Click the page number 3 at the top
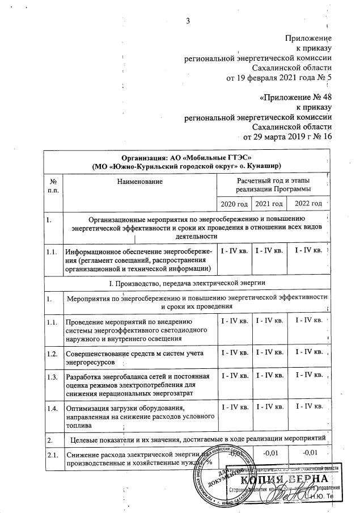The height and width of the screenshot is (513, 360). click(x=188, y=22)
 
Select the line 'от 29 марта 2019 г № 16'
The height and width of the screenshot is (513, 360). click(x=287, y=137)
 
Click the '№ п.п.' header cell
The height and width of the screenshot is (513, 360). click(x=53, y=185)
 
